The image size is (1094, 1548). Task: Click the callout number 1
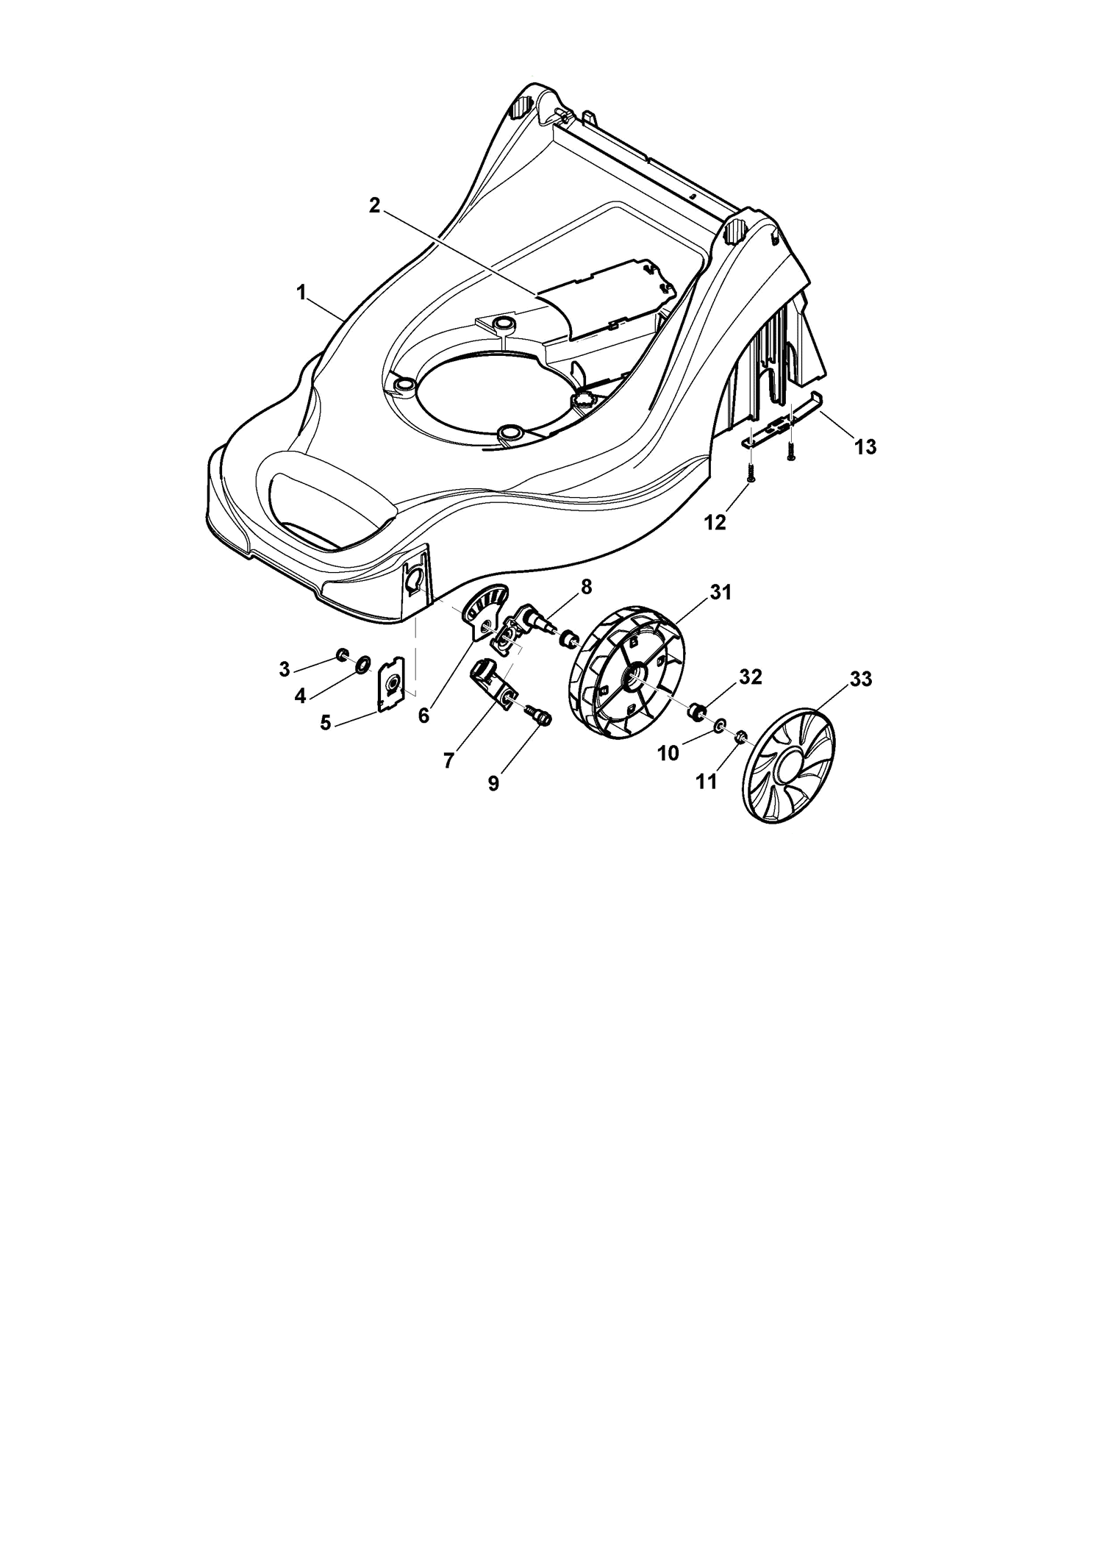pos(301,292)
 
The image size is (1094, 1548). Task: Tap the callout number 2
pos(374,206)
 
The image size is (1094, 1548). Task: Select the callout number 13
pos(865,446)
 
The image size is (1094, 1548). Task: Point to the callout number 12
pos(715,522)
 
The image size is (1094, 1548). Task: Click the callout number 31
pos(721,592)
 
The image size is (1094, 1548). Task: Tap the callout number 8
pos(585,586)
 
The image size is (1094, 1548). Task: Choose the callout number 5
pos(326,723)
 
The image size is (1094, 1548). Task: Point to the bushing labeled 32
pos(696,710)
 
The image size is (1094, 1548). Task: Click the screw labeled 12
pos(751,471)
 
